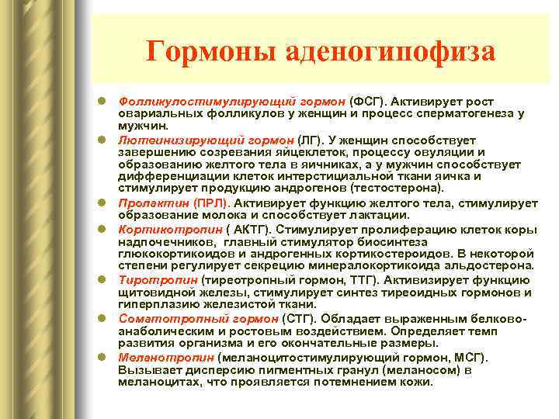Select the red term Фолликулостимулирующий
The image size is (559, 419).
point(186,102)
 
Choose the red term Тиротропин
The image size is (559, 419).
point(148,279)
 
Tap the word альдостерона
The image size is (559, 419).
point(488,265)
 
